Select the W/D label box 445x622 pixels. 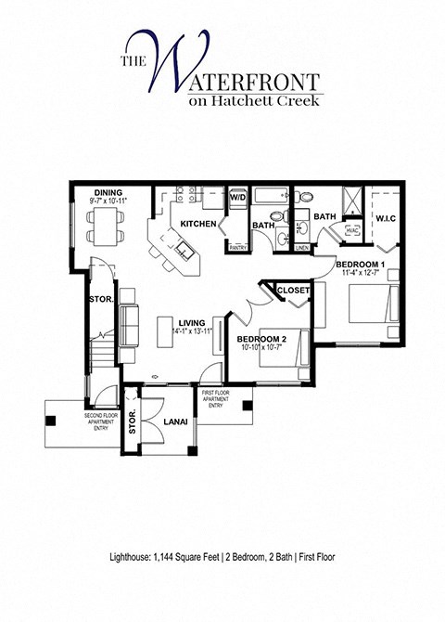point(237,197)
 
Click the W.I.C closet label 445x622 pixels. point(385,220)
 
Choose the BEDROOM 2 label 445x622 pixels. point(261,340)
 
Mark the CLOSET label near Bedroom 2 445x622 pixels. point(292,290)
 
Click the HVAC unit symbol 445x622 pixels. point(351,229)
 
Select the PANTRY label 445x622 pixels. point(237,247)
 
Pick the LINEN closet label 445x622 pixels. point(301,247)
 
